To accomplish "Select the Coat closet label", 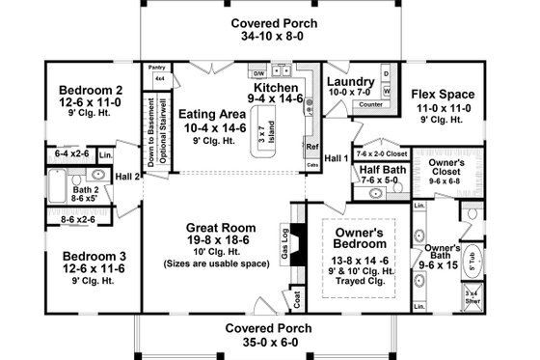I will [296, 298].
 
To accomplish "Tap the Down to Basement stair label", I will [151, 131].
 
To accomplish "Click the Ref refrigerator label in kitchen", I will [311, 148].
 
